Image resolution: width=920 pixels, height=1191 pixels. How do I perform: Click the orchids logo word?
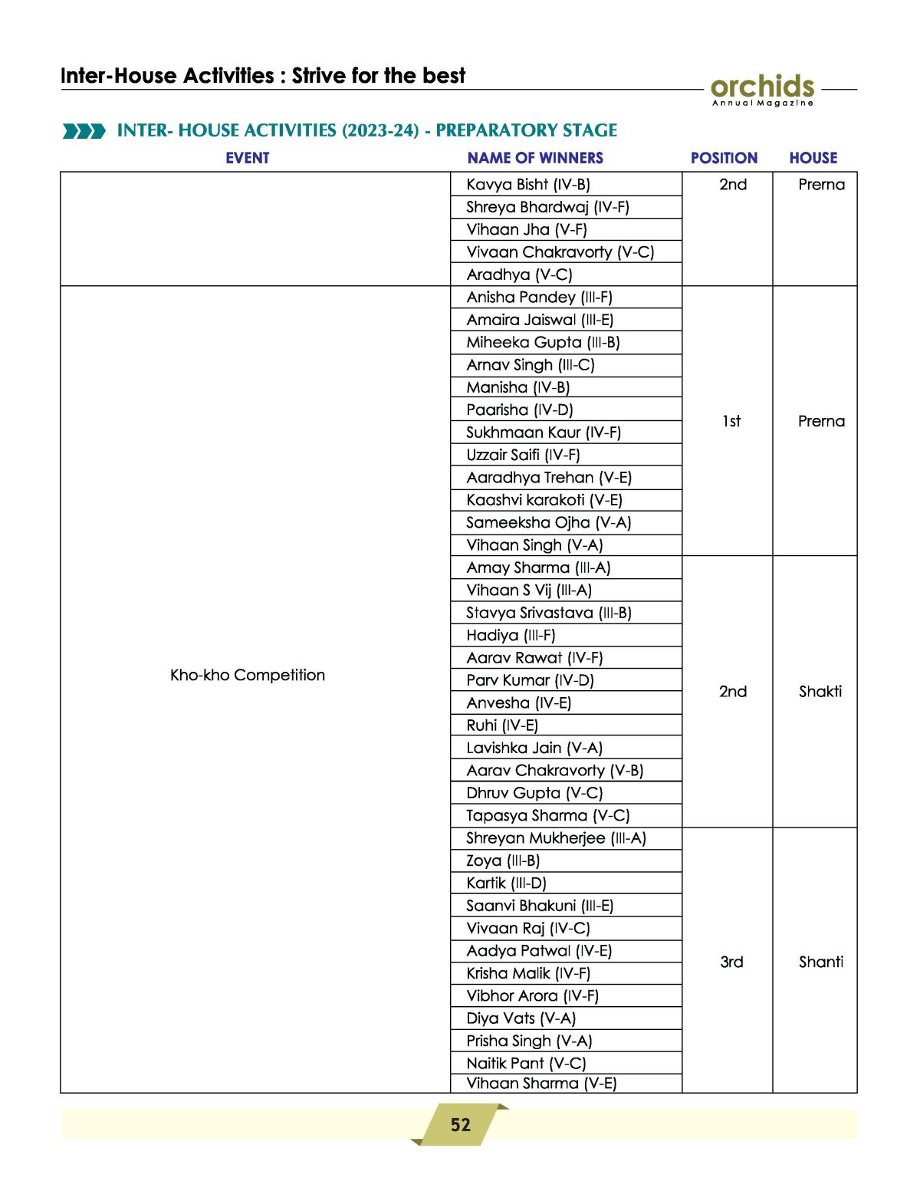(x=761, y=86)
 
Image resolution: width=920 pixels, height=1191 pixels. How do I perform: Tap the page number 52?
(x=460, y=1124)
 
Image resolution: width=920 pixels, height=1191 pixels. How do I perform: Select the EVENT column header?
(x=247, y=158)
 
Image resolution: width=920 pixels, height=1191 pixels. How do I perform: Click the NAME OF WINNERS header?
(x=535, y=158)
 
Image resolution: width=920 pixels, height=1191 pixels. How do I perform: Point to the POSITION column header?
(x=724, y=158)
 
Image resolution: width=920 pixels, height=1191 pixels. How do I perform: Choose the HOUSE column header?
(x=813, y=158)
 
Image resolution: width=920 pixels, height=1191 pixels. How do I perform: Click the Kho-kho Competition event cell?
(x=247, y=675)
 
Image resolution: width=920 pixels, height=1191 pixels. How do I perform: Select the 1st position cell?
(x=731, y=421)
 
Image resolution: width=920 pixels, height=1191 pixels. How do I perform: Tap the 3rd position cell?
(x=731, y=962)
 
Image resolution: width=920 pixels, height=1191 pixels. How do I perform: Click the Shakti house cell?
(x=820, y=692)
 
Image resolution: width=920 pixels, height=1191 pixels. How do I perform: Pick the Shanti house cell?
(x=820, y=962)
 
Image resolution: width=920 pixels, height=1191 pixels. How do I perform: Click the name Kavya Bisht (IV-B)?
(x=528, y=185)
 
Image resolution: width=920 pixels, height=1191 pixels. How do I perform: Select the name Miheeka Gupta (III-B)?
(x=543, y=343)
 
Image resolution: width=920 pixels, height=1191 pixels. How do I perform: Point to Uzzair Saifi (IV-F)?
(x=523, y=455)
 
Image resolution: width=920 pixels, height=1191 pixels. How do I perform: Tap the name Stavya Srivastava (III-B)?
(x=548, y=613)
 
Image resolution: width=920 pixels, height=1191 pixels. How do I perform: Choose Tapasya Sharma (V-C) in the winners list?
(x=547, y=816)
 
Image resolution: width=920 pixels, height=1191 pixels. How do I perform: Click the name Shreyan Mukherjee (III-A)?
(x=556, y=838)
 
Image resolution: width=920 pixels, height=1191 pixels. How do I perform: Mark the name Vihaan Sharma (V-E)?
(x=541, y=1083)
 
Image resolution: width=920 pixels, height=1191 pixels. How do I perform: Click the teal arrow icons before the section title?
(x=84, y=131)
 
